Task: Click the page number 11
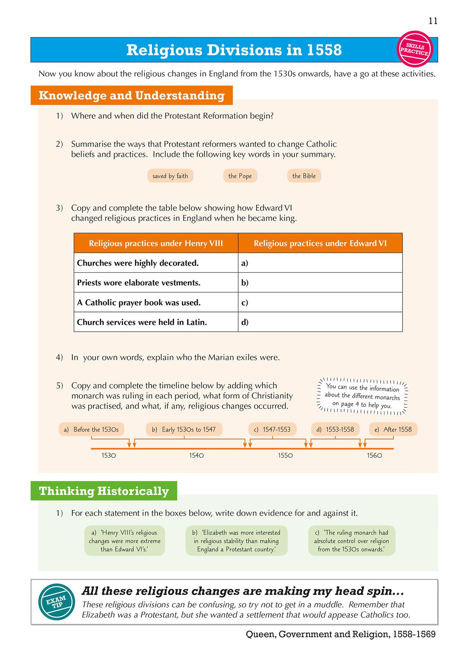click(x=433, y=21)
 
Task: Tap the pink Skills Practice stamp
click(x=414, y=49)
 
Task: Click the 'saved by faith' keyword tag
click(x=170, y=176)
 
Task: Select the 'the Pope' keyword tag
click(x=240, y=176)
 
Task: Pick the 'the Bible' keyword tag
click(x=304, y=176)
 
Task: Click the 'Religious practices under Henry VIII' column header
click(x=156, y=243)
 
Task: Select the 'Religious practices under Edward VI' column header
click(x=320, y=243)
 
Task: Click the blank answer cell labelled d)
click(x=320, y=322)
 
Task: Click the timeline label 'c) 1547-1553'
click(x=272, y=429)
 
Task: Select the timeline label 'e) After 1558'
click(x=393, y=429)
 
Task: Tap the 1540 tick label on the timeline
click(x=196, y=455)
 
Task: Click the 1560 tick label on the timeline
click(x=374, y=455)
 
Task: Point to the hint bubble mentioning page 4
click(x=362, y=396)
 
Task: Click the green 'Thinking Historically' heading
click(x=104, y=491)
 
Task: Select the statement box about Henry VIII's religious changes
click(x=125, y=541)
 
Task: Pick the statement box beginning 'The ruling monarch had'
click(x=351, y=541)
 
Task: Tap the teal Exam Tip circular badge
click(x=57, y=602)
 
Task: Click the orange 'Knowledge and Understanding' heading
click(x=131, y=96)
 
